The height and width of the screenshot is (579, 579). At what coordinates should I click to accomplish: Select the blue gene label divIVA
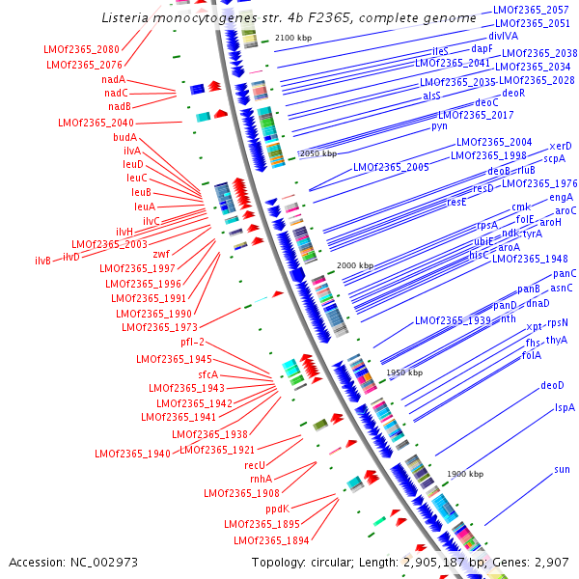coord(503,36)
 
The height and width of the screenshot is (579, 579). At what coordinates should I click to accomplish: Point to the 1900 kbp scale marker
coord(466,474)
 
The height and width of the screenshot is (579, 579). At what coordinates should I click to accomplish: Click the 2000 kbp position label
coord(354,264)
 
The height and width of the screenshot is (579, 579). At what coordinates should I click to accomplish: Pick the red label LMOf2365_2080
coord(82,49)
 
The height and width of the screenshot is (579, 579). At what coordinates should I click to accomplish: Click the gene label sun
coord(562,469)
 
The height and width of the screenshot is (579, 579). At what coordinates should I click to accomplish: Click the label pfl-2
coord(192,342)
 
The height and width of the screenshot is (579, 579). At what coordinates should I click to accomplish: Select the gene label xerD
coord(561,145)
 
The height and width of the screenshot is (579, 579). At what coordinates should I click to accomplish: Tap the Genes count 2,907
coord(550,562)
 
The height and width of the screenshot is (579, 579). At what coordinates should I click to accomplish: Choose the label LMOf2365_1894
coord(271,539)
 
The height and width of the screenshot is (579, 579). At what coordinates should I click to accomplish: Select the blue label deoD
coord(552,385)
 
